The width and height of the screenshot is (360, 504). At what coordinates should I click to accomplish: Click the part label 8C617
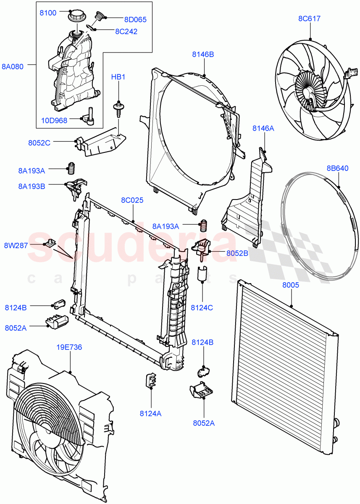click(310, 18)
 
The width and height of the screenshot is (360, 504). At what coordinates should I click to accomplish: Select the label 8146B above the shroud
click(203, 54)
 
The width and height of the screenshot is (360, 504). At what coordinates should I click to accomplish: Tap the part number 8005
click(290, 285)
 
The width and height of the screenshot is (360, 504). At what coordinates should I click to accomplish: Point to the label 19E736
click(69, 347)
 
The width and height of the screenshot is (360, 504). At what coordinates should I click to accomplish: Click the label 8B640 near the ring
click(337, 168)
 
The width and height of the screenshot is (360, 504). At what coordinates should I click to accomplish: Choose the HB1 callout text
click(118, 77)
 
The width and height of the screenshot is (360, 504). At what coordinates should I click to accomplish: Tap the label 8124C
click(202, 307)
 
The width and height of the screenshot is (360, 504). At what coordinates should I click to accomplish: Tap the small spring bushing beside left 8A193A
click(71, 168)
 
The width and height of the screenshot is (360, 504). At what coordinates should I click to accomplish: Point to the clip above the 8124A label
click(150, 379)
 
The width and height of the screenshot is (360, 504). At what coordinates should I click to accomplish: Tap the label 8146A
click(263, 129)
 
